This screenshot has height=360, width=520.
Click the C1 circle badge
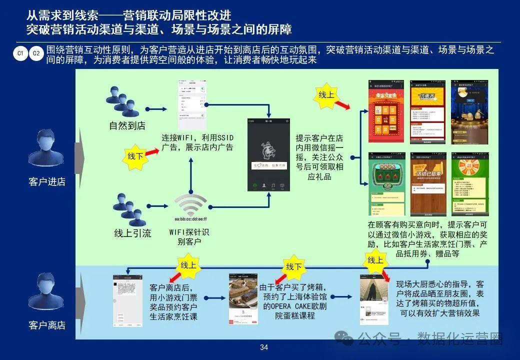[20, 53]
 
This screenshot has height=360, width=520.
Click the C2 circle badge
[36, 53]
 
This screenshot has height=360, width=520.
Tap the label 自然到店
[127, 125]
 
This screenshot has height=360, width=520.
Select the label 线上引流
[132, 233]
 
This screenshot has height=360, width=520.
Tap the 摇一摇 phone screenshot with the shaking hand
[269, 154]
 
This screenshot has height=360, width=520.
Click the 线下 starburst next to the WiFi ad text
[135, 156]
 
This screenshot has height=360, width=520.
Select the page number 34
[264, 347]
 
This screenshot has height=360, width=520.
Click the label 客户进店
[47, 181]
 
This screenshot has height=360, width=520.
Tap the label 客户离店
[47, 325]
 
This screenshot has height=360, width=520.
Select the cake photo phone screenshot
[243, 298]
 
